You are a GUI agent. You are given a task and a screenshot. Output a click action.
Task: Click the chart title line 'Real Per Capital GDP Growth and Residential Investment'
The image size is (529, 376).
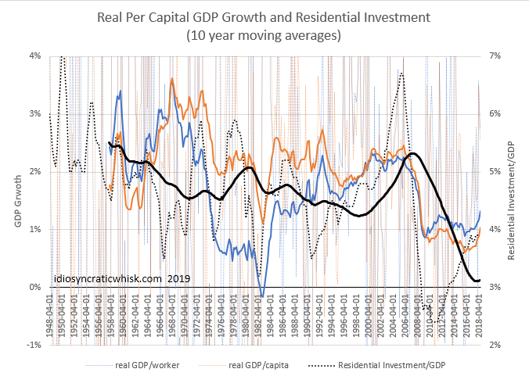pos(264,16)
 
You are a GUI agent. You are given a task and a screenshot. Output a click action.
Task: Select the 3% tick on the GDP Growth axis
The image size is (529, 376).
pos(36,114)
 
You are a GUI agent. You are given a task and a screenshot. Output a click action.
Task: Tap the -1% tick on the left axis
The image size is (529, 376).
pos(35,345)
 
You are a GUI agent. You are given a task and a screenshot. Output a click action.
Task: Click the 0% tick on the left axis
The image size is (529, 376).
pos(36,287)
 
